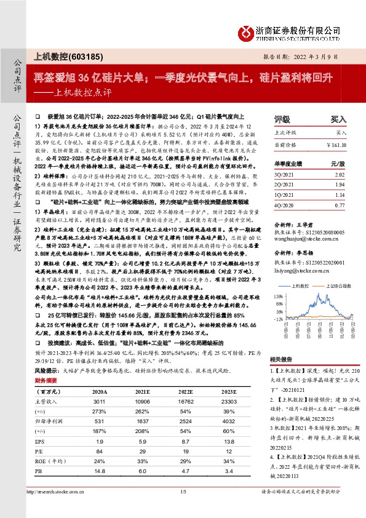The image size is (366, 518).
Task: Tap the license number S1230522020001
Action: [327, 261]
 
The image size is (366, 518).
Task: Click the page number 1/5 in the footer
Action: [182, 508]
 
